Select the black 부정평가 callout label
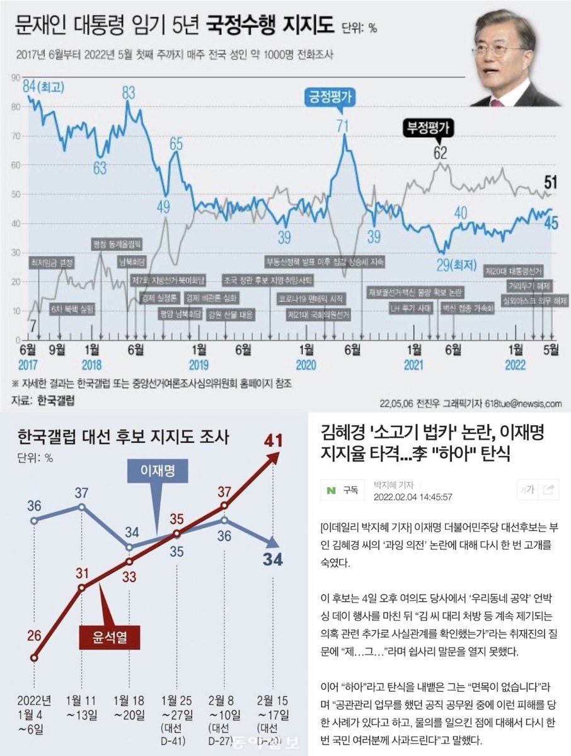click(428, 128)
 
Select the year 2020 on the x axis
click(306, 365)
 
